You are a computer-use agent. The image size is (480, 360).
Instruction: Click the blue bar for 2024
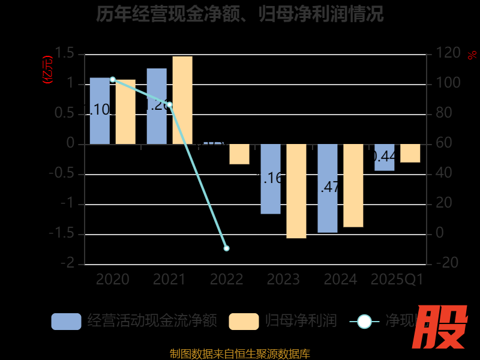(x=328, y=188)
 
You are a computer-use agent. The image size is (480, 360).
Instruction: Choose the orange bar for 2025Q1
(x=410, y=154)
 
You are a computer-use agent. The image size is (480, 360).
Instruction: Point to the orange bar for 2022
(x=239, y=154)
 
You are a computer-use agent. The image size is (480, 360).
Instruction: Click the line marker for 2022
(x=226, y=248)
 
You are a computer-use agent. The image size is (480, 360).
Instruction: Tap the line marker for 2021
(x=170, y=105)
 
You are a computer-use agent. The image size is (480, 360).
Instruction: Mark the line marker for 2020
(x=113, y=79)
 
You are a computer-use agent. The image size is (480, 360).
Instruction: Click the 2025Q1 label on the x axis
(x=397, y=280)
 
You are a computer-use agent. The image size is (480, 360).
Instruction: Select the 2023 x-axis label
(x=283, y=280)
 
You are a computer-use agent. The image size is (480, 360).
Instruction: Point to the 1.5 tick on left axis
(x=67, y=54)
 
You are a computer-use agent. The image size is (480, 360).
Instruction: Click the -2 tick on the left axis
(x=71, y=263)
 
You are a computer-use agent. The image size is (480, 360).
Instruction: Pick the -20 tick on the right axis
(x=447, y=263)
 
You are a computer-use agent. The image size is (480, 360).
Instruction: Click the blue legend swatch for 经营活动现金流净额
(x=66, y=322)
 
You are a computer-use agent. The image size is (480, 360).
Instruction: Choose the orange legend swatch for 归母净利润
(x=244, y=322)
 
